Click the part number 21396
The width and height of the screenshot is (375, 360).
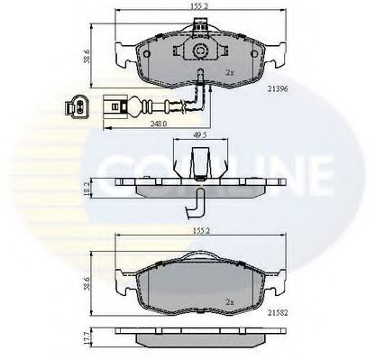[x=278, y=89]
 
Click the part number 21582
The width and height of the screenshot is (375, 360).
[x=278, y=313]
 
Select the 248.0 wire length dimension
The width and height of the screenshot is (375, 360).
[x=160, y=124]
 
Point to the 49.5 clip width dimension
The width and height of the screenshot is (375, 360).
[x=201, y=135]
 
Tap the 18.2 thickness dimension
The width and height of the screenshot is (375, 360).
[x=87, y=189]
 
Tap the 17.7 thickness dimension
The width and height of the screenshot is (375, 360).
[x=87, y=337]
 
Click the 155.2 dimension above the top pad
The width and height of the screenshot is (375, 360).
[x=201, y=6]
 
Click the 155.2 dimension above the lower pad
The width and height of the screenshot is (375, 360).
[x=201, y=231]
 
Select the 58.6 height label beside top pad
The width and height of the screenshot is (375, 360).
[x=87, y=56]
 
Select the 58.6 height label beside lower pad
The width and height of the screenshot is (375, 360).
[x=87, y=283]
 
